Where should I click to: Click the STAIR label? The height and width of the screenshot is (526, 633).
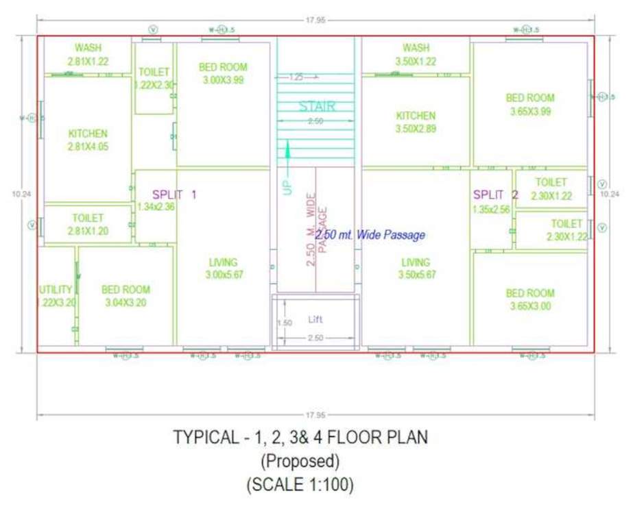[317, 106]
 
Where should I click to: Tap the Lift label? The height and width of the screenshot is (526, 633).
[315, 320]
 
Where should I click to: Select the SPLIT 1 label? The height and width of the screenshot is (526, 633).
[174, 195]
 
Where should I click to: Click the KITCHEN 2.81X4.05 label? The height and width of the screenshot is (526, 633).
[88, 140]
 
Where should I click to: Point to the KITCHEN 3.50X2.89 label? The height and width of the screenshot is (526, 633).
[416, 122]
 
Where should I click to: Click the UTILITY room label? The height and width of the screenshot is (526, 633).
[56, 296]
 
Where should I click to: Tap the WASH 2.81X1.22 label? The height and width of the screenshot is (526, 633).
[88, 54]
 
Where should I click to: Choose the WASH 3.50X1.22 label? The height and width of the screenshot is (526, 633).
[416, 54]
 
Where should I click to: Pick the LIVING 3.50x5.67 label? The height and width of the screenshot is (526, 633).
[416, 268]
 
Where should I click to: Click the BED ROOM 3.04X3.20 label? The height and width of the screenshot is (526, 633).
[126, 296]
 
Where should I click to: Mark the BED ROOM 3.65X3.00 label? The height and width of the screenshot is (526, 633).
[530, 300]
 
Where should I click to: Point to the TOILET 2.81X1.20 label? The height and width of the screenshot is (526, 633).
[88, 225]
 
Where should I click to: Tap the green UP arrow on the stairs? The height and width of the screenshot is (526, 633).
[288, 155]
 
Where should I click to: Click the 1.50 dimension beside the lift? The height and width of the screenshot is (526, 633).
[284, 323]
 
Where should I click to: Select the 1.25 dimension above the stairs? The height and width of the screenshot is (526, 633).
[296, 77]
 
